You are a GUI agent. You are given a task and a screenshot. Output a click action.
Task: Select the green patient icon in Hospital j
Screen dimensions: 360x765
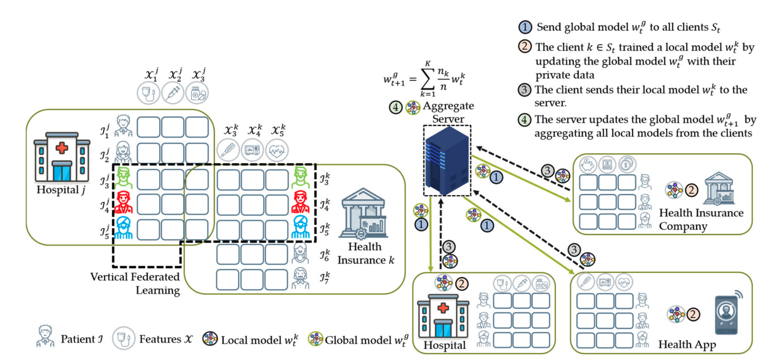pos(124,179)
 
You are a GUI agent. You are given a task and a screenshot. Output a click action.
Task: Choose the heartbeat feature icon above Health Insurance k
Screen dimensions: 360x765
pos(277,150)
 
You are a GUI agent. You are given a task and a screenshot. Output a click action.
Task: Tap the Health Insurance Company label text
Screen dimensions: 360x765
pos(701,219)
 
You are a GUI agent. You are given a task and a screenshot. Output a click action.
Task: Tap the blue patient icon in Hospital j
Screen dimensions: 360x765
pos(124,228)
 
